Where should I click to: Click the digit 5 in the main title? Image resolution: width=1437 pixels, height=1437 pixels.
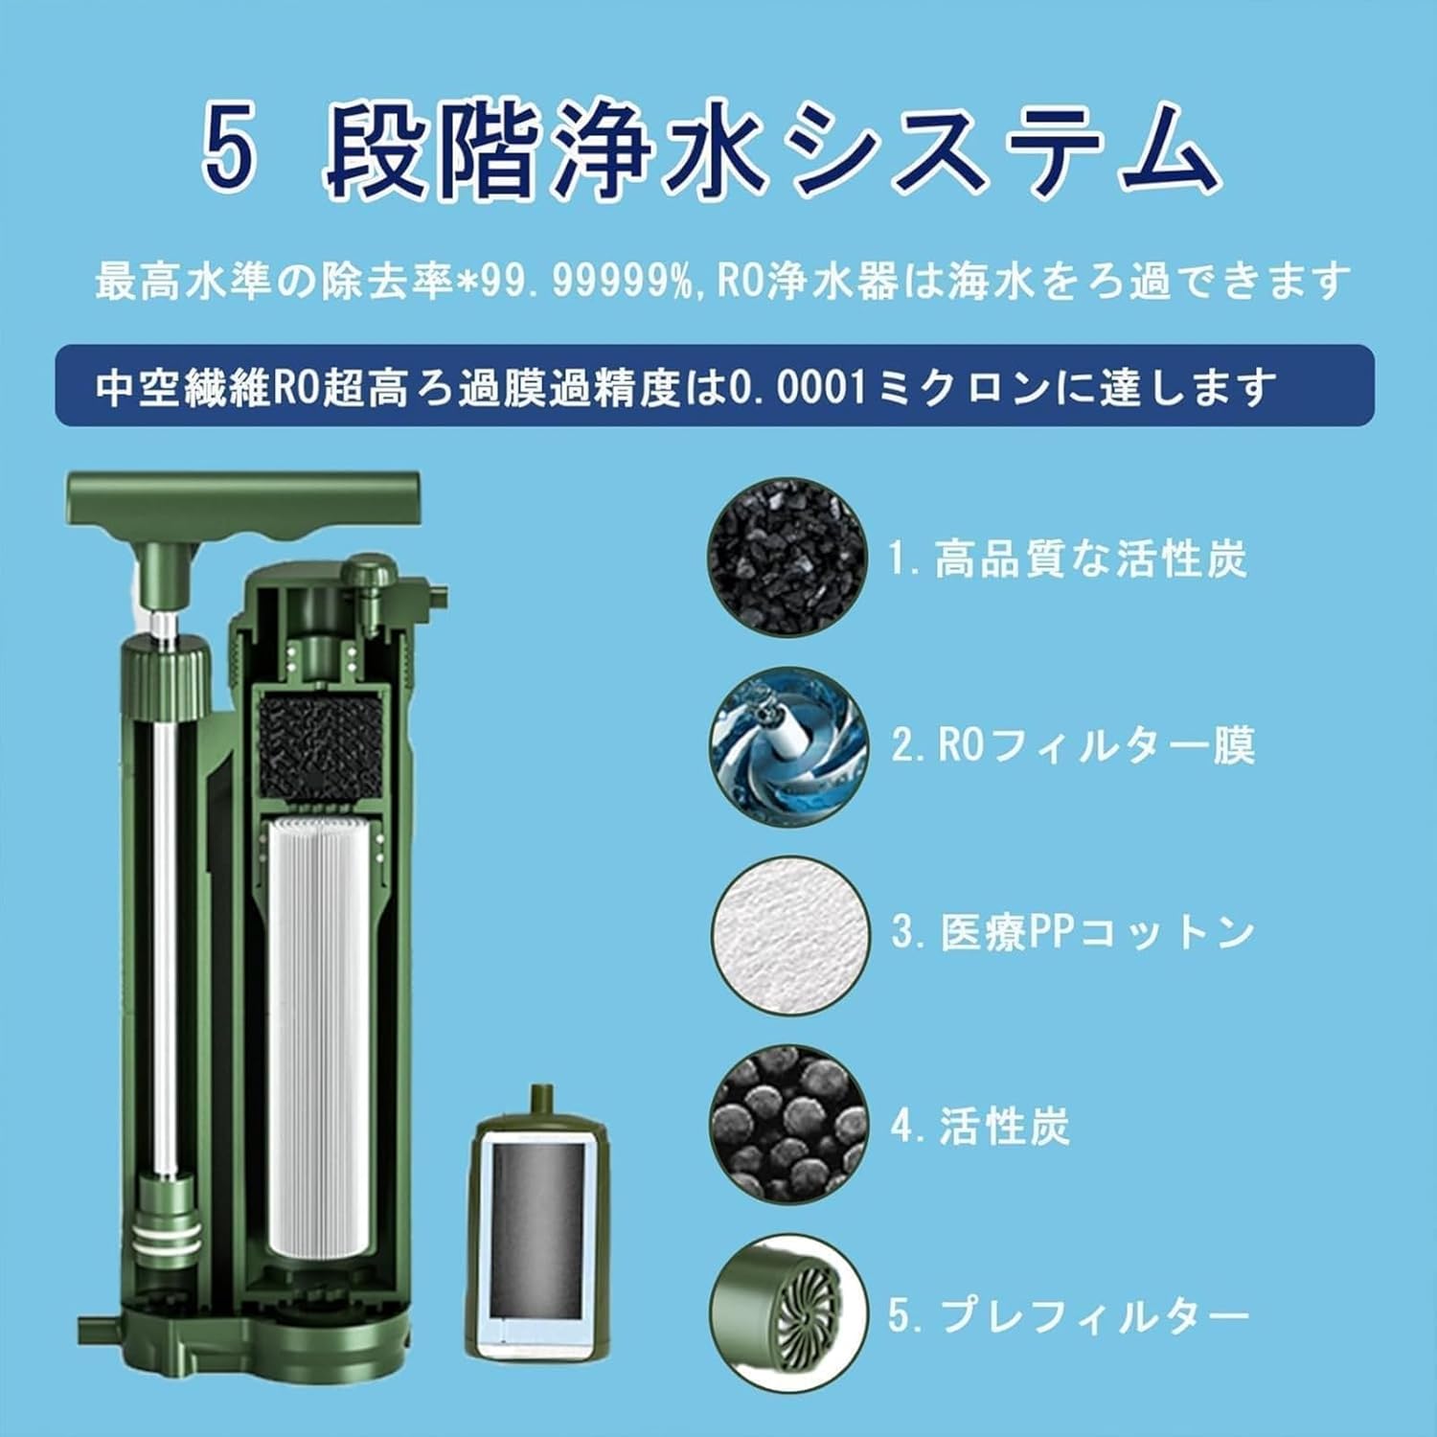click(x=231, y=152)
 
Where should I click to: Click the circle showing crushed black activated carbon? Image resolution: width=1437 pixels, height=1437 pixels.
click(x=787, y=559)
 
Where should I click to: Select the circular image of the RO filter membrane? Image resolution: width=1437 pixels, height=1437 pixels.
click(x=788, y=746)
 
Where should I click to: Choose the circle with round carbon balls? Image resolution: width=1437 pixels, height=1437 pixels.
click(x=788, y=1124)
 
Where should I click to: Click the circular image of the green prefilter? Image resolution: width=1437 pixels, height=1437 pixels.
click(x=788, y=1313)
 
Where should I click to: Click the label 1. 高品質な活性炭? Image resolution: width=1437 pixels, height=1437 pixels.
click(x=1067, y=559)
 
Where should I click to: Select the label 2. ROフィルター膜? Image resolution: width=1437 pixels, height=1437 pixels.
click(x=1072, y=746)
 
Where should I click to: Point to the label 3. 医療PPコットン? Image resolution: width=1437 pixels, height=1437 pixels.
click(x=1072, y=933)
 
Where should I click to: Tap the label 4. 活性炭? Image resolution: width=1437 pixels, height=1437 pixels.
click(x=979, y=1126)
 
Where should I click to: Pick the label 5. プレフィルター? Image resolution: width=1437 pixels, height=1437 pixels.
click(x=1067, y=1315)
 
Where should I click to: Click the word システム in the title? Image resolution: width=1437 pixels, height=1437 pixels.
click(x=996, y=152)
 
